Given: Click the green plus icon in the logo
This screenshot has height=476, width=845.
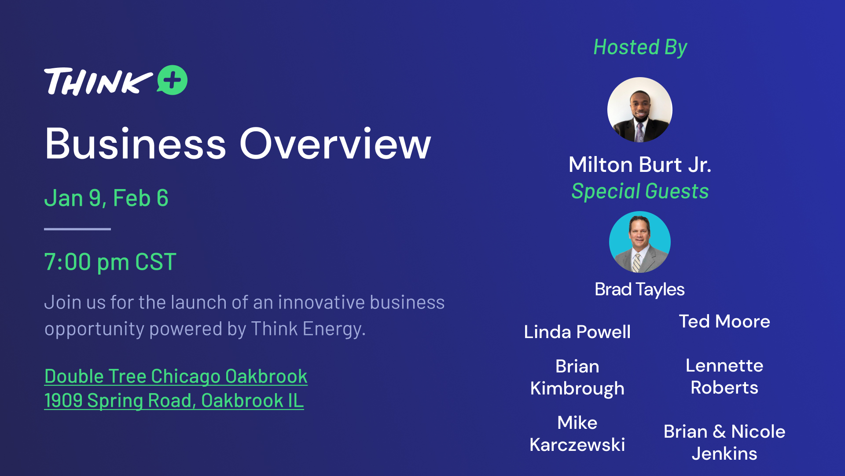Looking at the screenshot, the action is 173,80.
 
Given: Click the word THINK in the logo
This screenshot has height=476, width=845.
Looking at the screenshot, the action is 98,82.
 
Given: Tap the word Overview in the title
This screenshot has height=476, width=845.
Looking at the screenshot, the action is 335,144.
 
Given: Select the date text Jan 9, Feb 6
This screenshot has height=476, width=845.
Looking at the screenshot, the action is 106,198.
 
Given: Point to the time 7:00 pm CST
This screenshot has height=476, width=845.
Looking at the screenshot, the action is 110,262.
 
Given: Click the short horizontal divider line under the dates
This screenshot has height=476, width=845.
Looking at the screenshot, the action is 77,229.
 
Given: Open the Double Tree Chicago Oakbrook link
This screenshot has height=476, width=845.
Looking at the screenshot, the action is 176,376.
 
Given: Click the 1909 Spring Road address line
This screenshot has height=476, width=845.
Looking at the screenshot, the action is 174,401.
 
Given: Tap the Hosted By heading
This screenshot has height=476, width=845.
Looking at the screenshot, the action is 640,48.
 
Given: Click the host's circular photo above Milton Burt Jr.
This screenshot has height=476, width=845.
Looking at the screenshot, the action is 640,110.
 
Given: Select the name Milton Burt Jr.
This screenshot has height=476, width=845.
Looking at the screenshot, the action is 640,165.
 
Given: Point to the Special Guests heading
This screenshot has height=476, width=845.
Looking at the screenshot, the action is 640,191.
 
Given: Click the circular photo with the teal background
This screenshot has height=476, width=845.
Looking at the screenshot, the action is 640,242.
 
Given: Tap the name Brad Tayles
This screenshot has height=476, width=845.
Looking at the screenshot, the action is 639,290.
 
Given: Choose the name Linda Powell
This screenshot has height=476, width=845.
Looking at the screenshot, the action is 577,332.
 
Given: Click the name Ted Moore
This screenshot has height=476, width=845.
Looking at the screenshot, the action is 724,321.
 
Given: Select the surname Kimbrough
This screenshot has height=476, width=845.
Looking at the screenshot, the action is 577,389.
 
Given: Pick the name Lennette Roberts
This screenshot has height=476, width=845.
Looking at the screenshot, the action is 724,376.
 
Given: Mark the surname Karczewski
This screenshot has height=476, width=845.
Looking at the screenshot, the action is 577,445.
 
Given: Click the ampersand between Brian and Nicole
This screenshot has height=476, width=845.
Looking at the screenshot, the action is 720,431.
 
